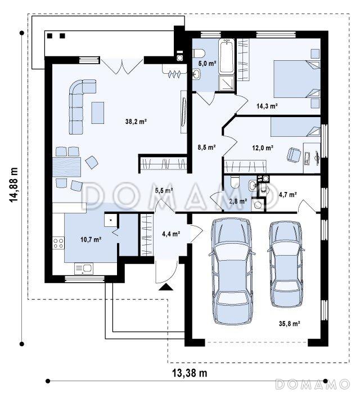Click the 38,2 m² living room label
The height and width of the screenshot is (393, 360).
[x=136, y=122]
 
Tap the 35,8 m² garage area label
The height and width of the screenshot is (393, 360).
[x=290, y=324]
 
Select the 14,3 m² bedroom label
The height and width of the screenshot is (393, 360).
[x=267, y=106]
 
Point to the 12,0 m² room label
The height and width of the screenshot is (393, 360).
[x=263, y=148]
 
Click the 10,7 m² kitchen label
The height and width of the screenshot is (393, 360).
[x=91, y=240]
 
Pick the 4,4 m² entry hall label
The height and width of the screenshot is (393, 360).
[x=171, y=234]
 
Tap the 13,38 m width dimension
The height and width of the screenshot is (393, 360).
[x=190, y=373]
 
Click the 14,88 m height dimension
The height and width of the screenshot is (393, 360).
[x=13, y=185]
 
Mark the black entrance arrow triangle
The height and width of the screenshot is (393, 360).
[x=166, y=287]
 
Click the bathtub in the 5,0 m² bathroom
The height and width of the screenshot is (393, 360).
[x=227, y=56]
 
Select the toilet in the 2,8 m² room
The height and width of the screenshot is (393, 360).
[x=235, y=182]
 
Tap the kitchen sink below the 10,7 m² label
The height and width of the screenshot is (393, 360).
[x=84, y=269]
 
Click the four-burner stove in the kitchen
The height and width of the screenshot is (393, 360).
[x=58, y=243]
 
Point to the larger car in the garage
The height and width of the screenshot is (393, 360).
[x=232, y=271]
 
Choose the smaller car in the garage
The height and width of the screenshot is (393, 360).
[x=286, y=264]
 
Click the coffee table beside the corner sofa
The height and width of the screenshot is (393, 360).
[x=98, y=113]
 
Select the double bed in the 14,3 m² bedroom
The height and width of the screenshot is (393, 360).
[x=297, y=79]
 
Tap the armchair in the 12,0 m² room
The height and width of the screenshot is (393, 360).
[x=294, y=154]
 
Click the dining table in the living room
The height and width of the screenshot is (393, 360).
[x=67, y=167]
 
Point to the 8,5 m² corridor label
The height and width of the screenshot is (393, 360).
[x=207, y=148]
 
